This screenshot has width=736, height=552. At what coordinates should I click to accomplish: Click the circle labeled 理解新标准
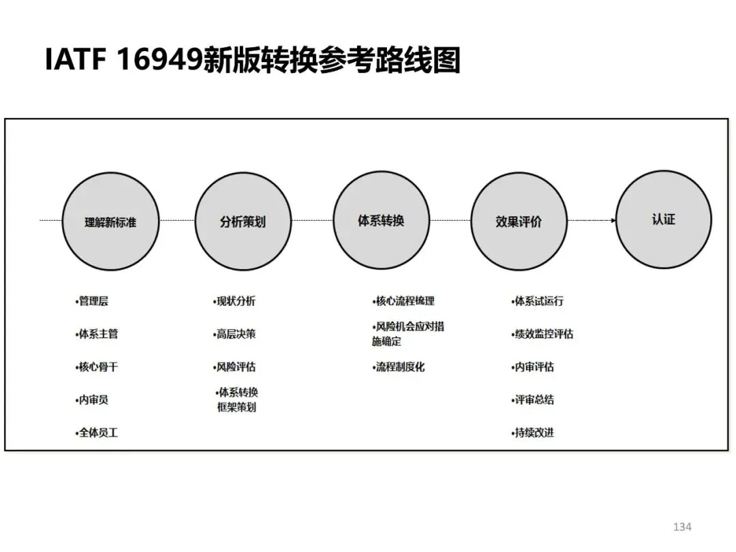110,221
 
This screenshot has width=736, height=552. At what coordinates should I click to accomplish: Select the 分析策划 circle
243,221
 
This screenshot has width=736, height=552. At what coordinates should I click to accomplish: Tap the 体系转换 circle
381,219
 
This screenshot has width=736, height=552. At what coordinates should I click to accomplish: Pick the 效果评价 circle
519,221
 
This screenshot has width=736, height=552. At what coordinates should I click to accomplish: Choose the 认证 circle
663,219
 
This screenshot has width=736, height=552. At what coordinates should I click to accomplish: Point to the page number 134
681,527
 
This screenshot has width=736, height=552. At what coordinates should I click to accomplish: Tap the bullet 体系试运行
538,301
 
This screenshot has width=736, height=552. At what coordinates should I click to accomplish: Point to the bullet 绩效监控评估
542,334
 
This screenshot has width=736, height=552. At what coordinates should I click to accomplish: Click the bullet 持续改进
533,432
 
